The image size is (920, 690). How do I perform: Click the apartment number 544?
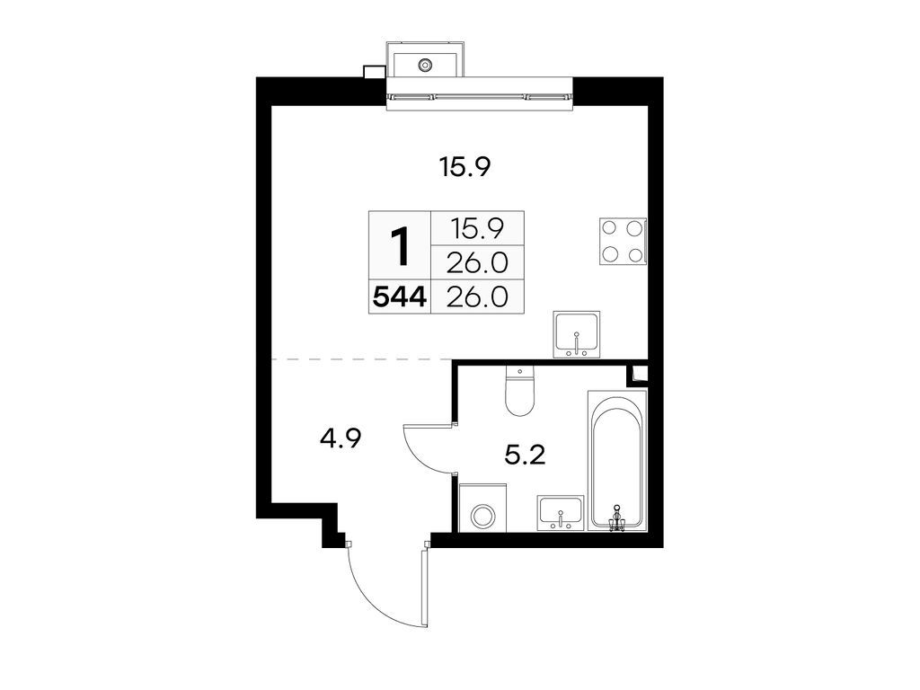tap(400, 296)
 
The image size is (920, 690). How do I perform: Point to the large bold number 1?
tap(400, 246)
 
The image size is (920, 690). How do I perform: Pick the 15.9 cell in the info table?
tap(477, 228)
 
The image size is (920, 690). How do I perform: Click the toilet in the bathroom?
tap(520, 393)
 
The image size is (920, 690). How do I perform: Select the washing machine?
tap(482, 515)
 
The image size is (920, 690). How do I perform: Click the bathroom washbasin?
tap(561, 512)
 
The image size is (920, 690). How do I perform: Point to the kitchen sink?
tap(576, 335)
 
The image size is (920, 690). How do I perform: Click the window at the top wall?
tap(479, 95)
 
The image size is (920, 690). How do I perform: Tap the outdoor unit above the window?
tap(425, 62)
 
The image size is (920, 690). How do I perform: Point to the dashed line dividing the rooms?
tap(359, 359)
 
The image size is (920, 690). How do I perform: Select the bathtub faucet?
tap(616, 518)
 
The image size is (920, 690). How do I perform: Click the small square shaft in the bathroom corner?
tap(641, 373)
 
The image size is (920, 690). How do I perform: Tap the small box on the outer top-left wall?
tap(373, 73)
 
